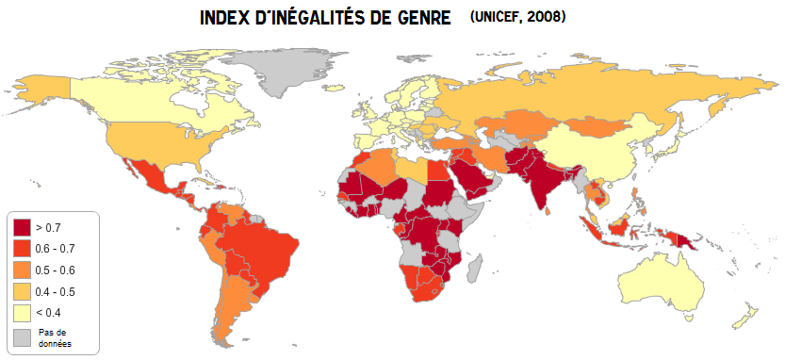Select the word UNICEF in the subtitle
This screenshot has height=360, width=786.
(x=495, y=18)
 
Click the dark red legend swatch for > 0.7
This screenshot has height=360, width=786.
(x=22, y=227)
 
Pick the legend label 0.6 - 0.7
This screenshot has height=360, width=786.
(x=55, y=248)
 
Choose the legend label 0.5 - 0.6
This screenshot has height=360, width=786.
(x=55, y=269)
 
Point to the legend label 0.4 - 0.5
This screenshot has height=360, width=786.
(x=55, y=290)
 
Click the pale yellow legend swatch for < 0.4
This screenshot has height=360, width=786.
(x=22, y=312)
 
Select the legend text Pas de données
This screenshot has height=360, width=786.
(x=56, y=337)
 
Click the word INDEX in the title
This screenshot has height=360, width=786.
(x=227, y=19)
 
